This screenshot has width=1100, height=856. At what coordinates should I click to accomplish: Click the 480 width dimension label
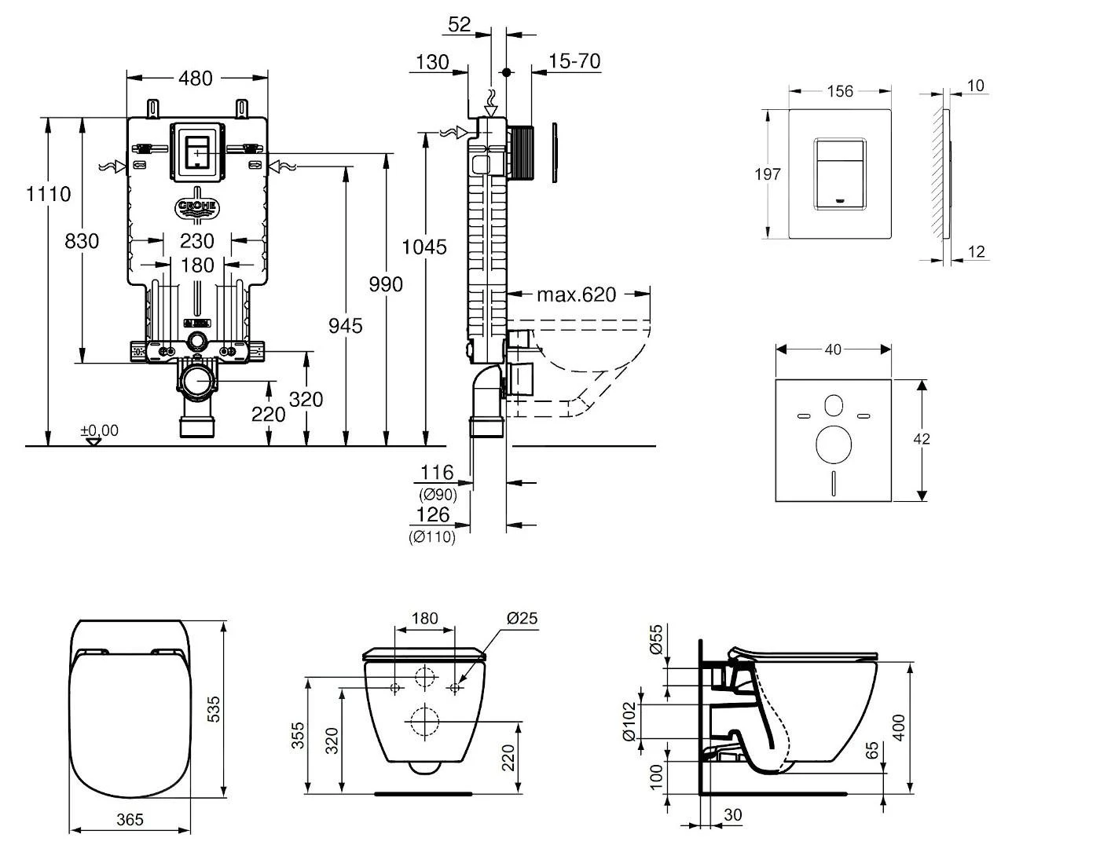(196, 78)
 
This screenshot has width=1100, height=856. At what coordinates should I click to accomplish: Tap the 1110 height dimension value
(49, 193)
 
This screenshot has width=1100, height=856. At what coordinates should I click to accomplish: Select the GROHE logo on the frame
(197, 208)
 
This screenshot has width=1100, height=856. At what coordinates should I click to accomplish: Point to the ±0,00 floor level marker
(99, 431)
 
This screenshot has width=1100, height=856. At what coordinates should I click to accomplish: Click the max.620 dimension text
(576, 294)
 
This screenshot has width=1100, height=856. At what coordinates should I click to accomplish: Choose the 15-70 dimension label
(575, 61)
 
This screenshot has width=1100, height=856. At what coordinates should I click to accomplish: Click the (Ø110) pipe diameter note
(431, 538)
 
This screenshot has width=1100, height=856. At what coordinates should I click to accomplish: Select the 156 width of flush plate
(839, 91)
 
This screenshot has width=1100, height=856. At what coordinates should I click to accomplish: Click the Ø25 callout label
(522, 619)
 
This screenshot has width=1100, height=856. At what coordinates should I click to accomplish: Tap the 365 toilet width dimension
(130, 820)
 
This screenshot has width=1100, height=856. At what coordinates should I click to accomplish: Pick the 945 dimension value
(346, 325)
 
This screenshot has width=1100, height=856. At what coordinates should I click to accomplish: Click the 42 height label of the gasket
(922, 439)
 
